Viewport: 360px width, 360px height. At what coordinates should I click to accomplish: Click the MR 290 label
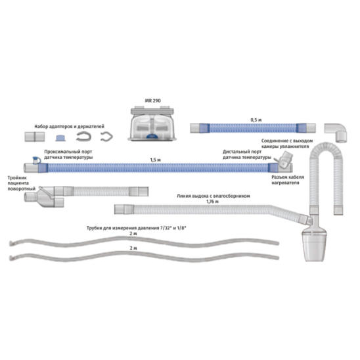pos(152,101)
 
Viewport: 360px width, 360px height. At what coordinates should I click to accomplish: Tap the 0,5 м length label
pos(256,120)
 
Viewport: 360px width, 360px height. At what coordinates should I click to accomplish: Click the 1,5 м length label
pos(155,160)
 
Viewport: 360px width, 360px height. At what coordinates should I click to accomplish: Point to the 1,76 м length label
pos(212,202)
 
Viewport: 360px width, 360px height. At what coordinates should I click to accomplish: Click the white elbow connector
pos(337,132)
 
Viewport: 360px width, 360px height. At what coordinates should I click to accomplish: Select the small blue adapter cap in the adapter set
pos(60,138)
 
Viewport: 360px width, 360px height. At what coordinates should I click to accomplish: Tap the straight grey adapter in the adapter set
pos(35,137)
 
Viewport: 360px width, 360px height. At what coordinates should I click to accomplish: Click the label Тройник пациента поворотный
pos(22,183)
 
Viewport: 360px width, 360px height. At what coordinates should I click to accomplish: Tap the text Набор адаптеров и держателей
pos(70,127)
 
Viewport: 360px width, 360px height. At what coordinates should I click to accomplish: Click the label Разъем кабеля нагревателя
pos(288,180)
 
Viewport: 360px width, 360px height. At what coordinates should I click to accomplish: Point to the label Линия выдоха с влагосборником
pos(213,196)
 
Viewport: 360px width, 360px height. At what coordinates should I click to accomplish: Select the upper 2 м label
pos(133,234)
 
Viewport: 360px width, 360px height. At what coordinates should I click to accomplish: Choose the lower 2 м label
pos(133,248)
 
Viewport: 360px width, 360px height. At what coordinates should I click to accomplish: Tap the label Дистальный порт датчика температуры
pos(247,154)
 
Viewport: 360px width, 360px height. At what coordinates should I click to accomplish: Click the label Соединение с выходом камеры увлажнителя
pos(287,143)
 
